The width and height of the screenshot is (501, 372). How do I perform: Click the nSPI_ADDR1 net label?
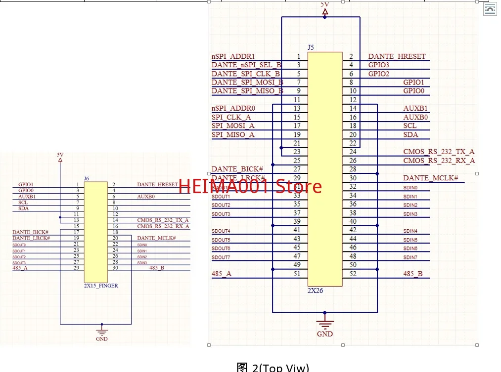(233, 57)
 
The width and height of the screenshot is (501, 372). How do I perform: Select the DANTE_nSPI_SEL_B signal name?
(246, 65)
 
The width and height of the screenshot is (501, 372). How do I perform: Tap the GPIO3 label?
(379, 65)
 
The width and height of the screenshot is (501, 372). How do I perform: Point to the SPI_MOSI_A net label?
(233, 126)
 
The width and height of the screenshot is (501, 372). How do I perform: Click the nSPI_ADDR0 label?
(233, 108)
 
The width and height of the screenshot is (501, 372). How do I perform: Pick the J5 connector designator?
(311, 47)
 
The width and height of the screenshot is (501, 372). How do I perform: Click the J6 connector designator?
(87, 178)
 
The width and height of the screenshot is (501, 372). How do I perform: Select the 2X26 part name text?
(315, 291)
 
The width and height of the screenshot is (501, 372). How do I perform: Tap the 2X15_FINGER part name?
(101, 286)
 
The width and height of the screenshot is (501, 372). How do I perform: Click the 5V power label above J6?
(60, 155)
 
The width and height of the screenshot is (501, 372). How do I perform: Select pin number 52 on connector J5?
(353, 274)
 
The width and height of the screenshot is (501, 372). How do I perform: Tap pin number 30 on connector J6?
(115, 268)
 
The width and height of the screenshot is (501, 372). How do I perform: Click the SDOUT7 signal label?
(221, 257)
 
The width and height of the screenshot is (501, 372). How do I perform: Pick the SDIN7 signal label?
(410, 257)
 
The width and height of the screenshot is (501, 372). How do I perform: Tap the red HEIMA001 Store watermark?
(250, 186)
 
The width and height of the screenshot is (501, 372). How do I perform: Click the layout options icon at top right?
(490, 9)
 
